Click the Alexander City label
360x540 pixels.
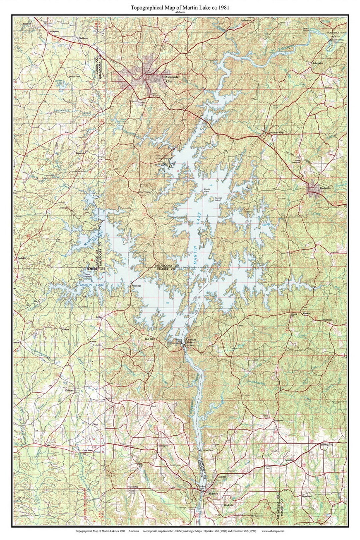tap(173, 79)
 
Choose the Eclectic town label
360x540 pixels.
tap(69, 390)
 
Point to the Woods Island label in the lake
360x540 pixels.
tap(206, 190)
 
